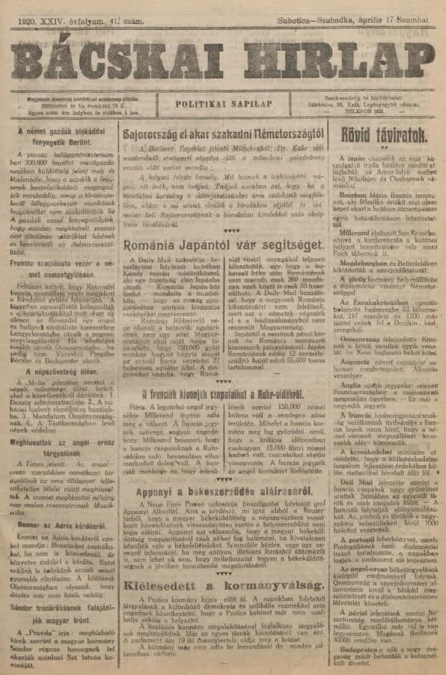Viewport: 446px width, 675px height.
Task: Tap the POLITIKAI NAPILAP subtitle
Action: point(227,106)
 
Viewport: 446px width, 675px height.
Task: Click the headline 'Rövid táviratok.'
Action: point(385,135)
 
